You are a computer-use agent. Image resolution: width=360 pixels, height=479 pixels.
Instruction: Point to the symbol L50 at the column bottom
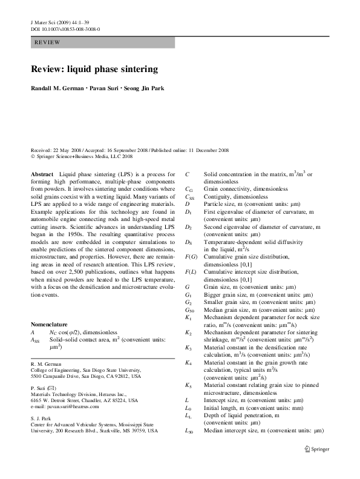189,432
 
